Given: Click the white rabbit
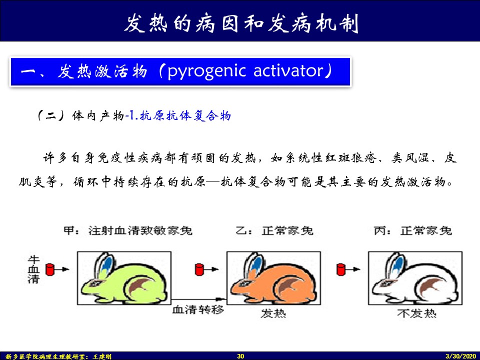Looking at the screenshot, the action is [x=415, y=280].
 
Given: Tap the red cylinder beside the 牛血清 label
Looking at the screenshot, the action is [x=49, y=269].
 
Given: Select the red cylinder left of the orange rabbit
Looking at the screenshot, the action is [x=199, y=269].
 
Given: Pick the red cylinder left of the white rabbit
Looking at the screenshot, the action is [x=340, y=269].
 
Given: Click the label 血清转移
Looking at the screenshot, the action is [x=198, y=310].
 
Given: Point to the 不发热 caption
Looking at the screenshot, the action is [x=417, y=313].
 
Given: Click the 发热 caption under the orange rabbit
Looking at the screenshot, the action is [x=273, y=313].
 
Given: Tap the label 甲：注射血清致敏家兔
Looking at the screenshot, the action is [x=128, y=230].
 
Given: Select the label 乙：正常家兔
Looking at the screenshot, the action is [x=274, y=230].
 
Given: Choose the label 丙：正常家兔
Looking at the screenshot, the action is [x=413, y=230].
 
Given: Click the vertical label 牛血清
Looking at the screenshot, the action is [x=33, y=269].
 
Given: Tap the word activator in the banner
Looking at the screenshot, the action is [x=288, y=70].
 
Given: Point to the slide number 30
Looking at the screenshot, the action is [x=240, y=356].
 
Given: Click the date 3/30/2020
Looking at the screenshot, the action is [x=461, y=356].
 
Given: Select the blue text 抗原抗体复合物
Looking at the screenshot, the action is [x=185, y=115].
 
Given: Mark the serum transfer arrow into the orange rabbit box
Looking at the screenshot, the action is [x=198, y=299].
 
